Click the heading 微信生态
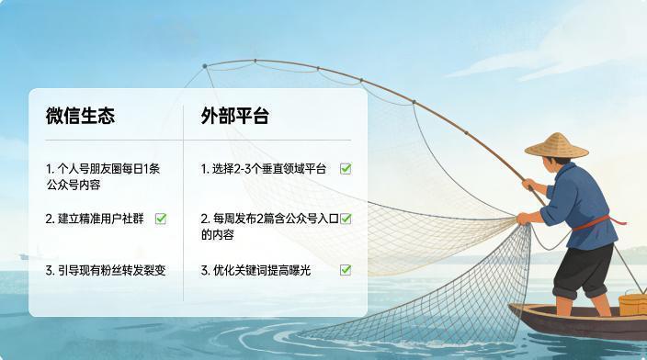(81, 117)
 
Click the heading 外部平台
(235, 117)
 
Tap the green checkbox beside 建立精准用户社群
(161, 219)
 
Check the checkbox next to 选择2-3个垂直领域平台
(346, 168)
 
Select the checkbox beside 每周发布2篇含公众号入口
(346, 219)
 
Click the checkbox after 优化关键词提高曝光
(346, 270)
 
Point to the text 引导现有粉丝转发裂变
(106, 270)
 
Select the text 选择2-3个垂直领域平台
(264, 169)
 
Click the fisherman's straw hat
(556, 144)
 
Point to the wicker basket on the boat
(632, 304)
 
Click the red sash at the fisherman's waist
(595, 221)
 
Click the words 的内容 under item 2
(217, 234)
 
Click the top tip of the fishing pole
(204, 65)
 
